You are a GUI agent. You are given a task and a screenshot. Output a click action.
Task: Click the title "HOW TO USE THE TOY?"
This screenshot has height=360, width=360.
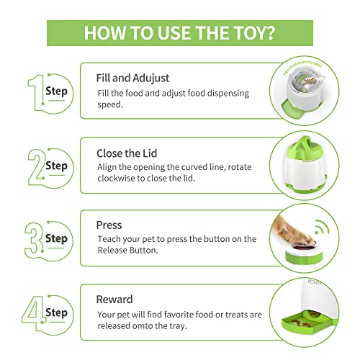click(x=179, y=32)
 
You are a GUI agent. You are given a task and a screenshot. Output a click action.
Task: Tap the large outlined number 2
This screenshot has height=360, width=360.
click(x=35, y=166)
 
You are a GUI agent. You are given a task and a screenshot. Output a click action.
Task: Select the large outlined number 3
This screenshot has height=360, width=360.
click(x=35, y=238)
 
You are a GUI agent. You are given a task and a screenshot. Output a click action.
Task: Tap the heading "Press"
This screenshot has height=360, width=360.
click(x=109, y=225)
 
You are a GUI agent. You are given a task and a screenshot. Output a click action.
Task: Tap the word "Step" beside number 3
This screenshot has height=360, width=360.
click(x=55, y=238)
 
